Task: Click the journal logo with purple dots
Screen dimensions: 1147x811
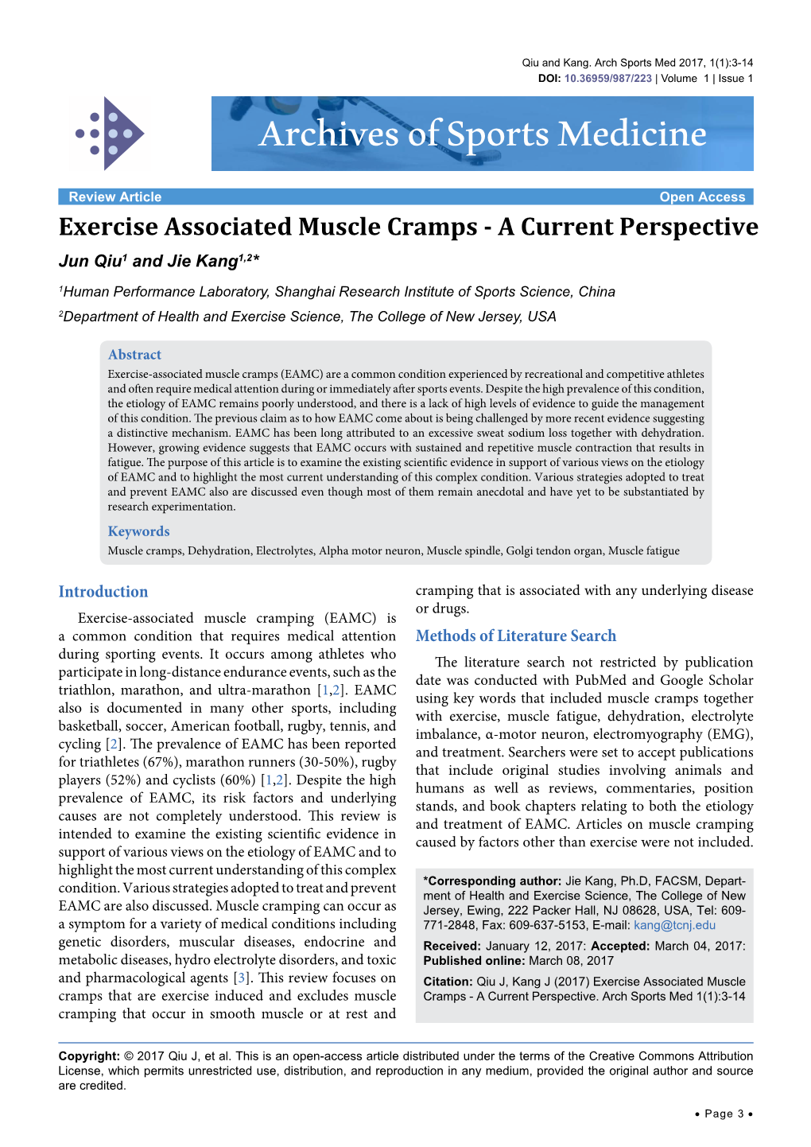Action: tap(110, 134)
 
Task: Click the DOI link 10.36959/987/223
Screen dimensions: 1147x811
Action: tap(607, 79)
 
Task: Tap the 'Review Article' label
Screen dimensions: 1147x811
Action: tap(114, 197)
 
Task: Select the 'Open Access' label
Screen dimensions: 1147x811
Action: tap(702, 197)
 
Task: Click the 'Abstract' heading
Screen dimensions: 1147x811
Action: tap(134, 355)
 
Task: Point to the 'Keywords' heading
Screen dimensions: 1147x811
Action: tap(138, 531)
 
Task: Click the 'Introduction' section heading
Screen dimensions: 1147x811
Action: tap(103, 592)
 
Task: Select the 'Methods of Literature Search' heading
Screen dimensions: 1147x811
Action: tap(515, 636)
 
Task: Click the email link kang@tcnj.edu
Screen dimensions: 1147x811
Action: tap(674, 925)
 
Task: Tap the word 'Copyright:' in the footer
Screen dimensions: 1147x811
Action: tap(89, 1056)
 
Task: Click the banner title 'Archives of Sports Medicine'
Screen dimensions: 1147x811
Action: tap(483, 134)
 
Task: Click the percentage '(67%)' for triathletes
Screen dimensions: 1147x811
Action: tap(161, 762)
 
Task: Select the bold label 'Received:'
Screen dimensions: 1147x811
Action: tap(452, 946)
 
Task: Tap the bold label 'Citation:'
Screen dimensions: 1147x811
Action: tap(448, 982)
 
